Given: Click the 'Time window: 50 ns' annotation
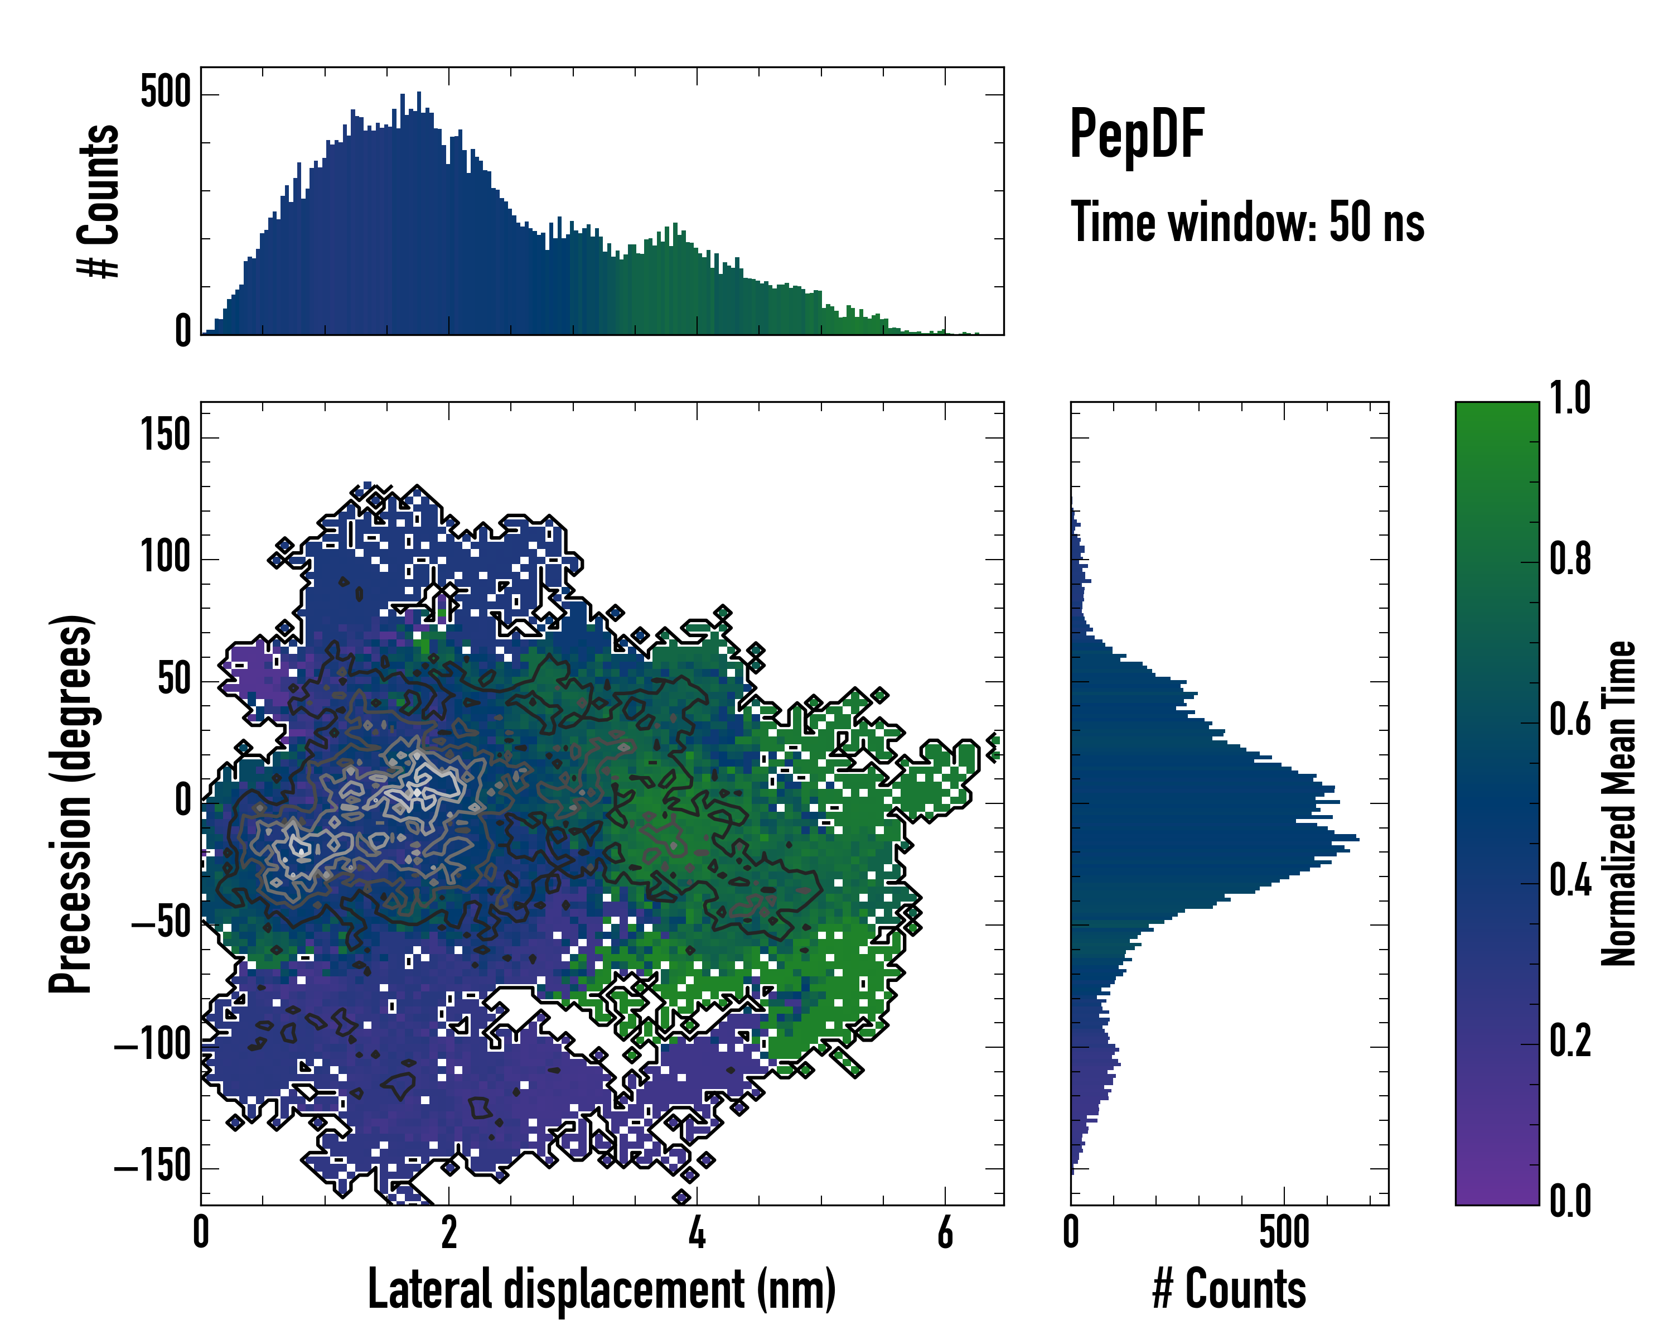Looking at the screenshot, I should pyautogui.click(x=1247, y=223).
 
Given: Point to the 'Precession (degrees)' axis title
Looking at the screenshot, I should pyautogui.click(x=71, y=803).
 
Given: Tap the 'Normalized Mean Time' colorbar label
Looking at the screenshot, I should pyautogui.click(x=1619, y=803).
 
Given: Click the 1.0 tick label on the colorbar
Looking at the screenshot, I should pyautogui.click(x=1570, y=398).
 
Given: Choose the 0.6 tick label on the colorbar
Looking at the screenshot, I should pyautogui.click(x=1570, y=720).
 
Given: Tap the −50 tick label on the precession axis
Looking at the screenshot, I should pyautogui.click(x=161, y=924).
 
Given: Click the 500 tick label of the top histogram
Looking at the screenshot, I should pyautogui.click(x=165, y=93).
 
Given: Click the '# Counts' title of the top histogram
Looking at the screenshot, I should pyautogui.click(x=99, y=201).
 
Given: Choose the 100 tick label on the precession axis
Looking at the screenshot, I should pyautogui.click(x=165, y=557).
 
